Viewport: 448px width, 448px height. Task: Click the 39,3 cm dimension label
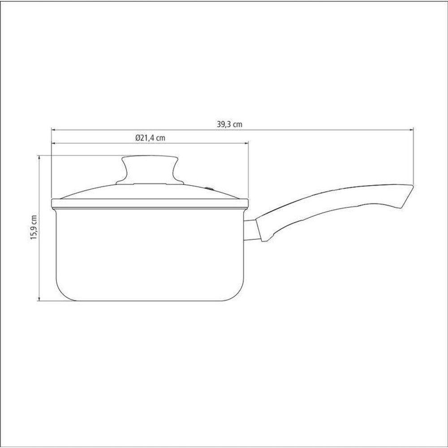tap(229, 124)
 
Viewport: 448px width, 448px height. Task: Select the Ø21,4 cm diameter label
tap(151, 138)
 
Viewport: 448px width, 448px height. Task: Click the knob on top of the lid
tap(150, 170)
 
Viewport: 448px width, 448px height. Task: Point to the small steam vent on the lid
tap(210, 189)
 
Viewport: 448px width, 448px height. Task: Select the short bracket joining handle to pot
tap(250, 230)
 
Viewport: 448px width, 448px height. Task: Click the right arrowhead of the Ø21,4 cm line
tap(246, 142)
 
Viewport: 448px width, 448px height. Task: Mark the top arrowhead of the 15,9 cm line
tap(39, 157)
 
